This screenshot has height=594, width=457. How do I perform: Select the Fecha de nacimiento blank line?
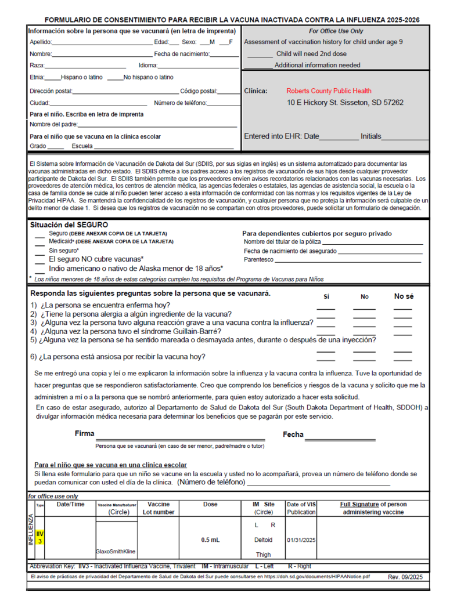tap(224, 55)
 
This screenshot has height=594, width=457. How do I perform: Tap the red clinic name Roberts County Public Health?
tap(329, 91)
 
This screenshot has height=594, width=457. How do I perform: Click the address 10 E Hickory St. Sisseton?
tap(345, 103)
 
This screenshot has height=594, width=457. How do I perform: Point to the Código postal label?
tap(199, 91)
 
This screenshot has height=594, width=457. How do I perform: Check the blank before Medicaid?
tap(39, 242)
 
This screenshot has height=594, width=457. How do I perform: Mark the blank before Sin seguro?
tap(39, 251)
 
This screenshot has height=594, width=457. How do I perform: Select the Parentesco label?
tap(258, 260)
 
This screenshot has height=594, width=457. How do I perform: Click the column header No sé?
tap(404, 296)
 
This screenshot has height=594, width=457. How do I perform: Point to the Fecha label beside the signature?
tap(293, 434)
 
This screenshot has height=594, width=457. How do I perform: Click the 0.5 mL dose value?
tap(210, 539)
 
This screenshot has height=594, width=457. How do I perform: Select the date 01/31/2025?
tap(301, 539)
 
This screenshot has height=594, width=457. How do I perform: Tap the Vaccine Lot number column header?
tap(159, 508)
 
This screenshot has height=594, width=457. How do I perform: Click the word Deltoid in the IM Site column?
tap(263, 539)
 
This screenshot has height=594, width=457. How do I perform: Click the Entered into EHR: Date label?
tap(282, 136)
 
